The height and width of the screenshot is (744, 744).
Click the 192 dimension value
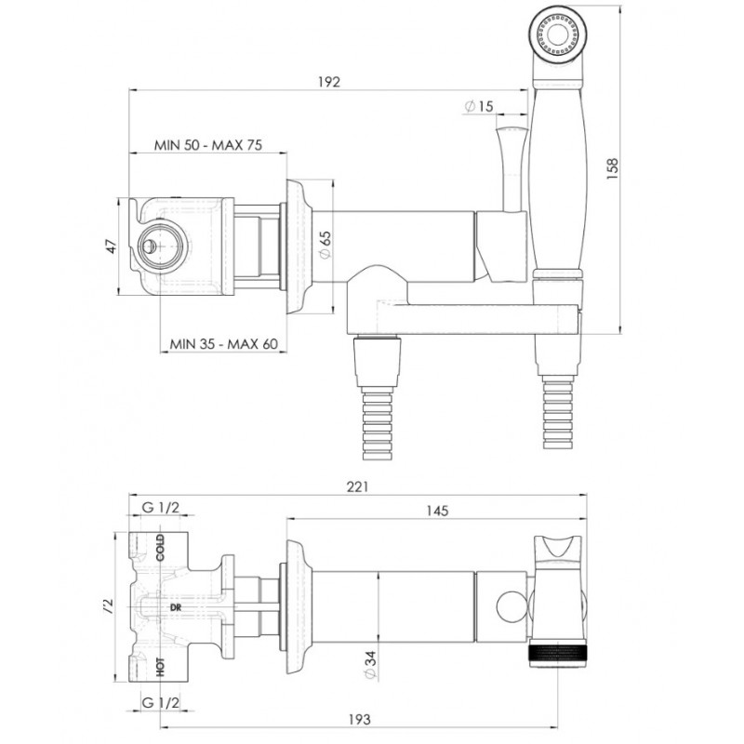(329, 82)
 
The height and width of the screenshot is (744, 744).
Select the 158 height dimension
(612, 168)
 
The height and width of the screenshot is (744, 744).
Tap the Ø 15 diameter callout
(479, 106)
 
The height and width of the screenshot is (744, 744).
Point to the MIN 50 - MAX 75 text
(207, 145)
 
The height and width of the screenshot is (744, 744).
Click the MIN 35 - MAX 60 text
(224, 343)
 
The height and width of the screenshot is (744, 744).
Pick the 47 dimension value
(110, 246)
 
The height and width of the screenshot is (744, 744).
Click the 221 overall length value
(357, 486)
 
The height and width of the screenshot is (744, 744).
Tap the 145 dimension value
(437, 511)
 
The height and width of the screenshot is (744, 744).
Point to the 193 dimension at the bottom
(359, 719)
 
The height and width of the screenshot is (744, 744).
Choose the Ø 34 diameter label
(371, 665)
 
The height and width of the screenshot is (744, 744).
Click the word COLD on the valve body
(160, 547)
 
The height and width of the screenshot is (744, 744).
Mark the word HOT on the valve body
(160, 667)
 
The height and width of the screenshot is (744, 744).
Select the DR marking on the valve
(176, 607)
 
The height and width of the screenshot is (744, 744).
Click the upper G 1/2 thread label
(161, 507)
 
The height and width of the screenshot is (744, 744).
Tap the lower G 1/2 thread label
(161, 703)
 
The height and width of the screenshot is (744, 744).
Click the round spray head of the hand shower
(558, 34)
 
